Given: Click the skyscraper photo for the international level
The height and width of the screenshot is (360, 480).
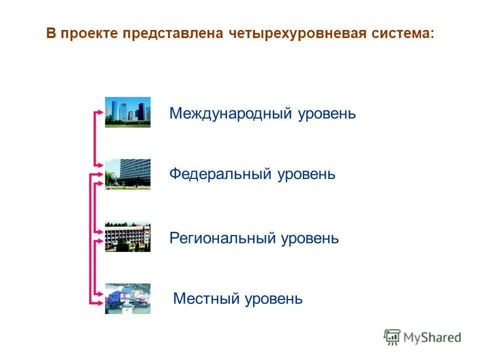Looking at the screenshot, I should (x=127, y=112).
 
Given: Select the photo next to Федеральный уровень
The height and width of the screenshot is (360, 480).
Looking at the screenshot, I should (x=127, y=174).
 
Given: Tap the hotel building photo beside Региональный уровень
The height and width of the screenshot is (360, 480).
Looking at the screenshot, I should (x=127, y=236).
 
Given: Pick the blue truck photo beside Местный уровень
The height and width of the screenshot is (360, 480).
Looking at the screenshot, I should (x=127, y=298).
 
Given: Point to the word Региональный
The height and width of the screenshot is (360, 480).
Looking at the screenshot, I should (x=222, y=238).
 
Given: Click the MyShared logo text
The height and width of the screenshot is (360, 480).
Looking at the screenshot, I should (x=432, y=337).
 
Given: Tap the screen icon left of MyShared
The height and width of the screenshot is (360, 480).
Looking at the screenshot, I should (x=392, y=337).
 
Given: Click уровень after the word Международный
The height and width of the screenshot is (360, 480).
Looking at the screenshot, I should (x=327, y=113).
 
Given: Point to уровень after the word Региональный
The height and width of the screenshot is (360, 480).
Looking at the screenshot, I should (x=310, y=238).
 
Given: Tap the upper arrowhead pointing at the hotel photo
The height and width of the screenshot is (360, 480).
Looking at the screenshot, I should (x=100, y=230).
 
